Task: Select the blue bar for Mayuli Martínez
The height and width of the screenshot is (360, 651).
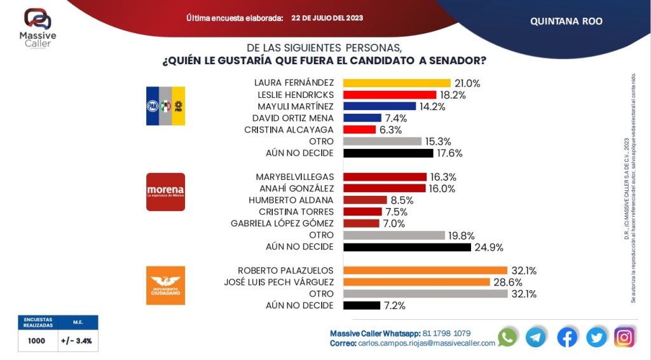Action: [379, 106]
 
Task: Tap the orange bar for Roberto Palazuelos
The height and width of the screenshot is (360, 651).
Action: [425, 270]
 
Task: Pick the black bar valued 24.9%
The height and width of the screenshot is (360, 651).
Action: [407, 247]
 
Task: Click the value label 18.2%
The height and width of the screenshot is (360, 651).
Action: [453, 95]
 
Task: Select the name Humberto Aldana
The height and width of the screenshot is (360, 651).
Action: [295, 200]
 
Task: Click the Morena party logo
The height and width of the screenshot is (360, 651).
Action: [165, 191]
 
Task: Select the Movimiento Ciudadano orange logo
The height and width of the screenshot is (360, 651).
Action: [165, 285]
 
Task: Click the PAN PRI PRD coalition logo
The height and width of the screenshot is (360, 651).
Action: [165, 106]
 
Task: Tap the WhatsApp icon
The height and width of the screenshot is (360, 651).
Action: [507, 337]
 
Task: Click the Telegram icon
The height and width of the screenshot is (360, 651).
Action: [536, 337]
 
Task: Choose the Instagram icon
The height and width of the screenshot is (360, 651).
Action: [624, 337]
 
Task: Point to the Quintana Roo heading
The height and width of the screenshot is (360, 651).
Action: [566, 21]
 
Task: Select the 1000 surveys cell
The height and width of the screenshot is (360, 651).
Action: [37, 341]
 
